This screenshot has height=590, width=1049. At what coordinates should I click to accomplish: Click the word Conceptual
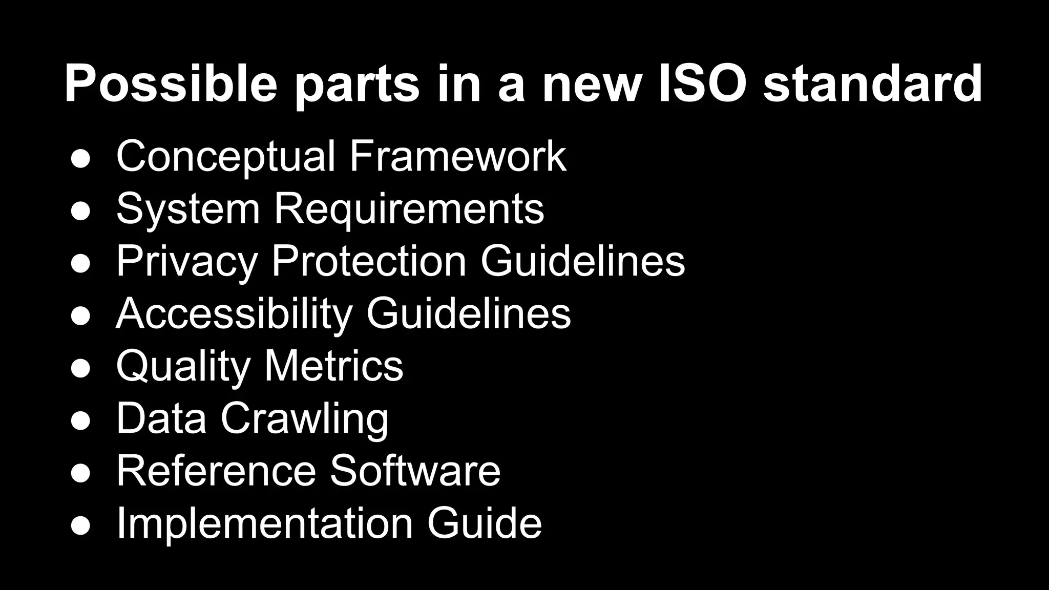[225, 157]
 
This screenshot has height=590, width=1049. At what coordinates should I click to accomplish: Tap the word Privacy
[186, 262]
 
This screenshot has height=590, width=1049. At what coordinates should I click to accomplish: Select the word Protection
[369, 261]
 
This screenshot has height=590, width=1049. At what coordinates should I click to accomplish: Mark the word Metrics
[333, 366]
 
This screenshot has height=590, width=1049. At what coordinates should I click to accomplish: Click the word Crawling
[304, 419]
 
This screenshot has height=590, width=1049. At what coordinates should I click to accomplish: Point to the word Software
[415, 471]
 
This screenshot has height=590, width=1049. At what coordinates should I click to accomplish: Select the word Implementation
[264, 524]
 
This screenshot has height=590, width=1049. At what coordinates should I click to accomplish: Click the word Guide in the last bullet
[484, 523]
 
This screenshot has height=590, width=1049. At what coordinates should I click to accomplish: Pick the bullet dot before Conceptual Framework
[81, 158]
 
